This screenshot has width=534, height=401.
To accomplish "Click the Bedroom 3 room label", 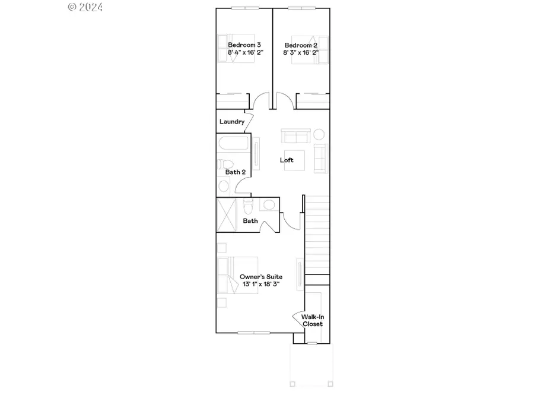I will coord(244,45).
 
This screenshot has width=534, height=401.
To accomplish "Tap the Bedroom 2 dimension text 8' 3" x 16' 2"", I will coord(301,52).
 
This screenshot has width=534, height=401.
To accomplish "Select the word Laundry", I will coord(231,122).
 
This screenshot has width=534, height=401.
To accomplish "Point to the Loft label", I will coord(287,160).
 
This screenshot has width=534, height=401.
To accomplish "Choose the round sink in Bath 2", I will coord(224,186).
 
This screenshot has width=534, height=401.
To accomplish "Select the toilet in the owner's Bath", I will coord(249,207).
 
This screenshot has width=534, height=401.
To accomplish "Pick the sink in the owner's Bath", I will coord(269,206).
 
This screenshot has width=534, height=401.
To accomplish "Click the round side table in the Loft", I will coord(319,134).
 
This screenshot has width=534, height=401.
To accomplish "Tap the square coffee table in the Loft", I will coord(294,160).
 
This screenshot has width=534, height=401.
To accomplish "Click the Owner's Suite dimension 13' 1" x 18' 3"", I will coord(260,285).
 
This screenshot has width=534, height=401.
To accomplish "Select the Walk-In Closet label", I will coord(313,321).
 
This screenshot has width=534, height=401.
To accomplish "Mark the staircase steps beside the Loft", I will coord(317,235).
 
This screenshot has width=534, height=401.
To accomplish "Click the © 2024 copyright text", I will coord(85,7).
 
